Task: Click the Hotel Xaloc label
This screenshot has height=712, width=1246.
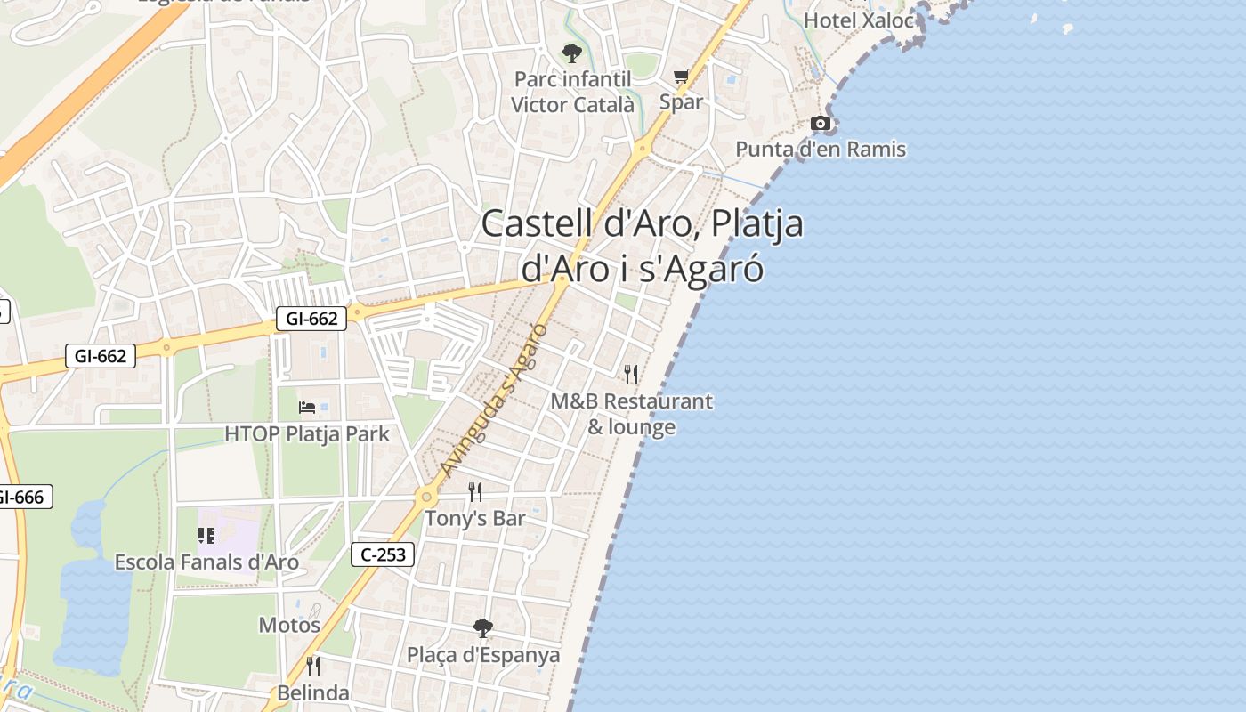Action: click(x=859, y=20)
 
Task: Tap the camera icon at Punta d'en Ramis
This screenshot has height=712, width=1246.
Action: click(x=821, y=124)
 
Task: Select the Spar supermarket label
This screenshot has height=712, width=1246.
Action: click(x=681, y=101)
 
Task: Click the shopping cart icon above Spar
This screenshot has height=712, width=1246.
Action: click(x=681, y=77)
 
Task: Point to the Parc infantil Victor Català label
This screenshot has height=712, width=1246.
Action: click(x=573, y=92)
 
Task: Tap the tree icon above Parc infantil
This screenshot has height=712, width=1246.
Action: click(x=572, y=53)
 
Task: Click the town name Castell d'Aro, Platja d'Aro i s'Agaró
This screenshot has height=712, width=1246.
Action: click(x=642, y=246)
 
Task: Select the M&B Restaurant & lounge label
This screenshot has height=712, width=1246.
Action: click(x=631, y=414)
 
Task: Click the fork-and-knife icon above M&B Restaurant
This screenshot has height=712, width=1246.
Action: click(x=631, y=374)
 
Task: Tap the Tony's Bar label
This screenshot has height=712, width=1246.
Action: click(x=475, y=518)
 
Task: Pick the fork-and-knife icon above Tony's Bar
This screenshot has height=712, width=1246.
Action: click(x=475, y=491)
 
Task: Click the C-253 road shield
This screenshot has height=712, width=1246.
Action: click(x=383, y=554)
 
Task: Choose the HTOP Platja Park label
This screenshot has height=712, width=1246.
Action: click(x=307, y=434)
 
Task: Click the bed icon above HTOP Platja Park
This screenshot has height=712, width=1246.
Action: click(x=307, y=408)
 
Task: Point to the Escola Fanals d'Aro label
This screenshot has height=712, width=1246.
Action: click(x=206, y=562)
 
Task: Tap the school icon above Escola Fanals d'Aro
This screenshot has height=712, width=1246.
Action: click(x=206, y=536)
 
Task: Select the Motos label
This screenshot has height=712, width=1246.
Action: click(x=289, y=625)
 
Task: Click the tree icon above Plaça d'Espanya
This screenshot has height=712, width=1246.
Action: click(x=483, y=628)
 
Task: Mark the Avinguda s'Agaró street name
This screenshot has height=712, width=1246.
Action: click(x=494, y=400)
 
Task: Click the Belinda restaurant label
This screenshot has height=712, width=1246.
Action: click(x=312, y=692)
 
